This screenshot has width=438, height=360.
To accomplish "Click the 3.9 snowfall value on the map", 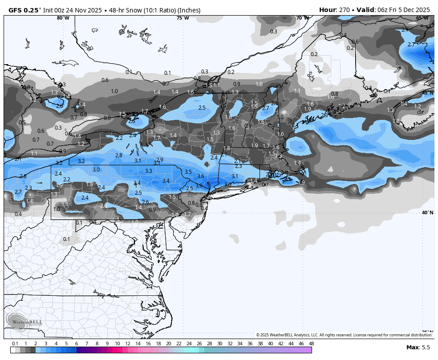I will [x=199, y=185].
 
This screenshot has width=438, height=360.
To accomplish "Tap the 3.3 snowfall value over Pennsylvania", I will [x=149, y=171].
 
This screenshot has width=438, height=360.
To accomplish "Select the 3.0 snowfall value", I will [x=96, y=170].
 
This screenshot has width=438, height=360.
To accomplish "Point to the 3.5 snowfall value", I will [x=188, y=172].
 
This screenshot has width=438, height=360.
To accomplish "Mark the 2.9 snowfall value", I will [x=160, y=160].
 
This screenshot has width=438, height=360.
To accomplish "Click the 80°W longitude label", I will [x=63, y=18].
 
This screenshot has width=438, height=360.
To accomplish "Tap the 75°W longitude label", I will [x=182, y=18].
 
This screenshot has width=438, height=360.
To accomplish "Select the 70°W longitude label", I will [x=303, y=18].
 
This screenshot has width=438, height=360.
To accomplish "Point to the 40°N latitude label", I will [x=427, y=213].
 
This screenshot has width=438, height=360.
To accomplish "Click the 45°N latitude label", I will [x=427, y=93].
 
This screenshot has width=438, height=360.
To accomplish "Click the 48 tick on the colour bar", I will [x=311, y=344].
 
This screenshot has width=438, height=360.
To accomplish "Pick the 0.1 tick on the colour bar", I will [x=15, y=344].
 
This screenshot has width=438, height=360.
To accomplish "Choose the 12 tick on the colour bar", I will [x=128, y=344].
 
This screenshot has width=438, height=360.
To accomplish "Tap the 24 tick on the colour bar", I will [x=189, y=344].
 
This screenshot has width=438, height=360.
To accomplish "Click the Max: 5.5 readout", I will [x=418, y=348].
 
